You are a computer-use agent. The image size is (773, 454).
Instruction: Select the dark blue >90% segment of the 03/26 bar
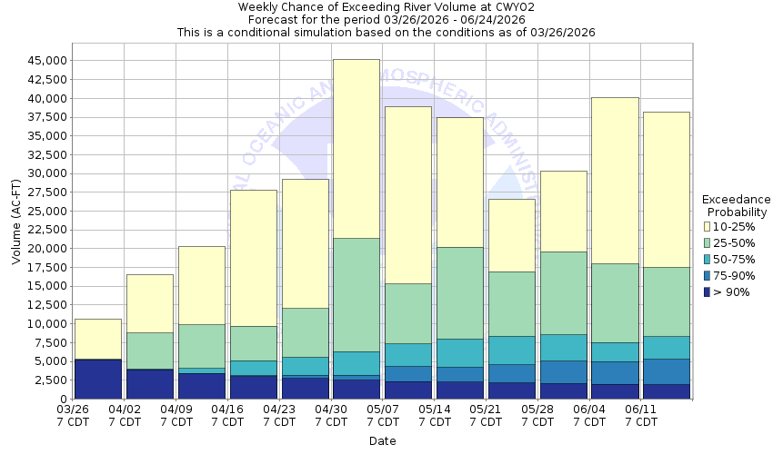(97, 380)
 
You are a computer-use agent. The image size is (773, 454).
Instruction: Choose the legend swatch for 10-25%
(707, 226)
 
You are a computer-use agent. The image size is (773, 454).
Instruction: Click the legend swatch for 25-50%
(707, 242)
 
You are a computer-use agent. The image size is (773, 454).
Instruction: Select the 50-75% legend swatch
(707, 259)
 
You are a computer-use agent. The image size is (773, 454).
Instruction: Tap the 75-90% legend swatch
(707, 275)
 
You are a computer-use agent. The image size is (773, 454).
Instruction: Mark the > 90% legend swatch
(707, 291)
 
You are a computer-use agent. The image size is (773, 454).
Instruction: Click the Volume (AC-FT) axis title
(15, 222)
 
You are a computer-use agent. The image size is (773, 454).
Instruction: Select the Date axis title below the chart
(382, 441)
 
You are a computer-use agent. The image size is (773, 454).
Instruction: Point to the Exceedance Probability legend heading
(738, 205)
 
